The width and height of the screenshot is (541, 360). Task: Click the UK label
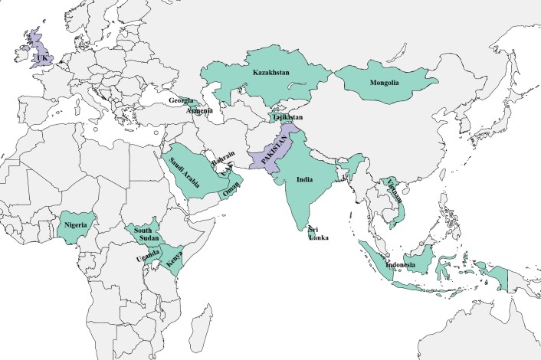pos(40,57)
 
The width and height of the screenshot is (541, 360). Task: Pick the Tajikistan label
pos(287,117)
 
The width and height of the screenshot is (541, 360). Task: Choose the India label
pos(304,181)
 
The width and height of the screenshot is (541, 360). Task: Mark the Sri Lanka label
pos(318,234)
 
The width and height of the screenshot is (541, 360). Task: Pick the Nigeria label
pos(78,225)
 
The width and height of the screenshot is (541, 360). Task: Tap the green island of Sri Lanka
pos(311,228)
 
